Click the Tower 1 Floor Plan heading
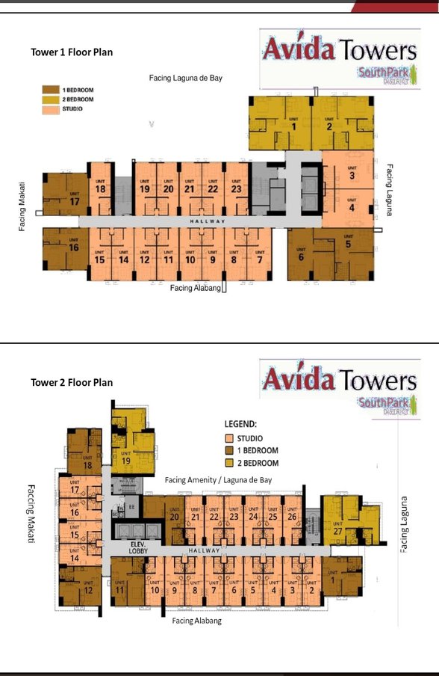(72, 52)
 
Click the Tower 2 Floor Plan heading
(72, 382)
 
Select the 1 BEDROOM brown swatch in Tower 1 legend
(48, 90)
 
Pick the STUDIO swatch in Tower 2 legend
(230, 438)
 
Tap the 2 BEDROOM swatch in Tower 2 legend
(230, 463)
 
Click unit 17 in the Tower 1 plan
(74, 202)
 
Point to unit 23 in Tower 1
(236, 189)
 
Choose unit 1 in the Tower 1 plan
(294, 126)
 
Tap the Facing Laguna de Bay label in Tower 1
(184, 78)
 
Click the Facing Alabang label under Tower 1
(195, 288)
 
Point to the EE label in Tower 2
(131, 506)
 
